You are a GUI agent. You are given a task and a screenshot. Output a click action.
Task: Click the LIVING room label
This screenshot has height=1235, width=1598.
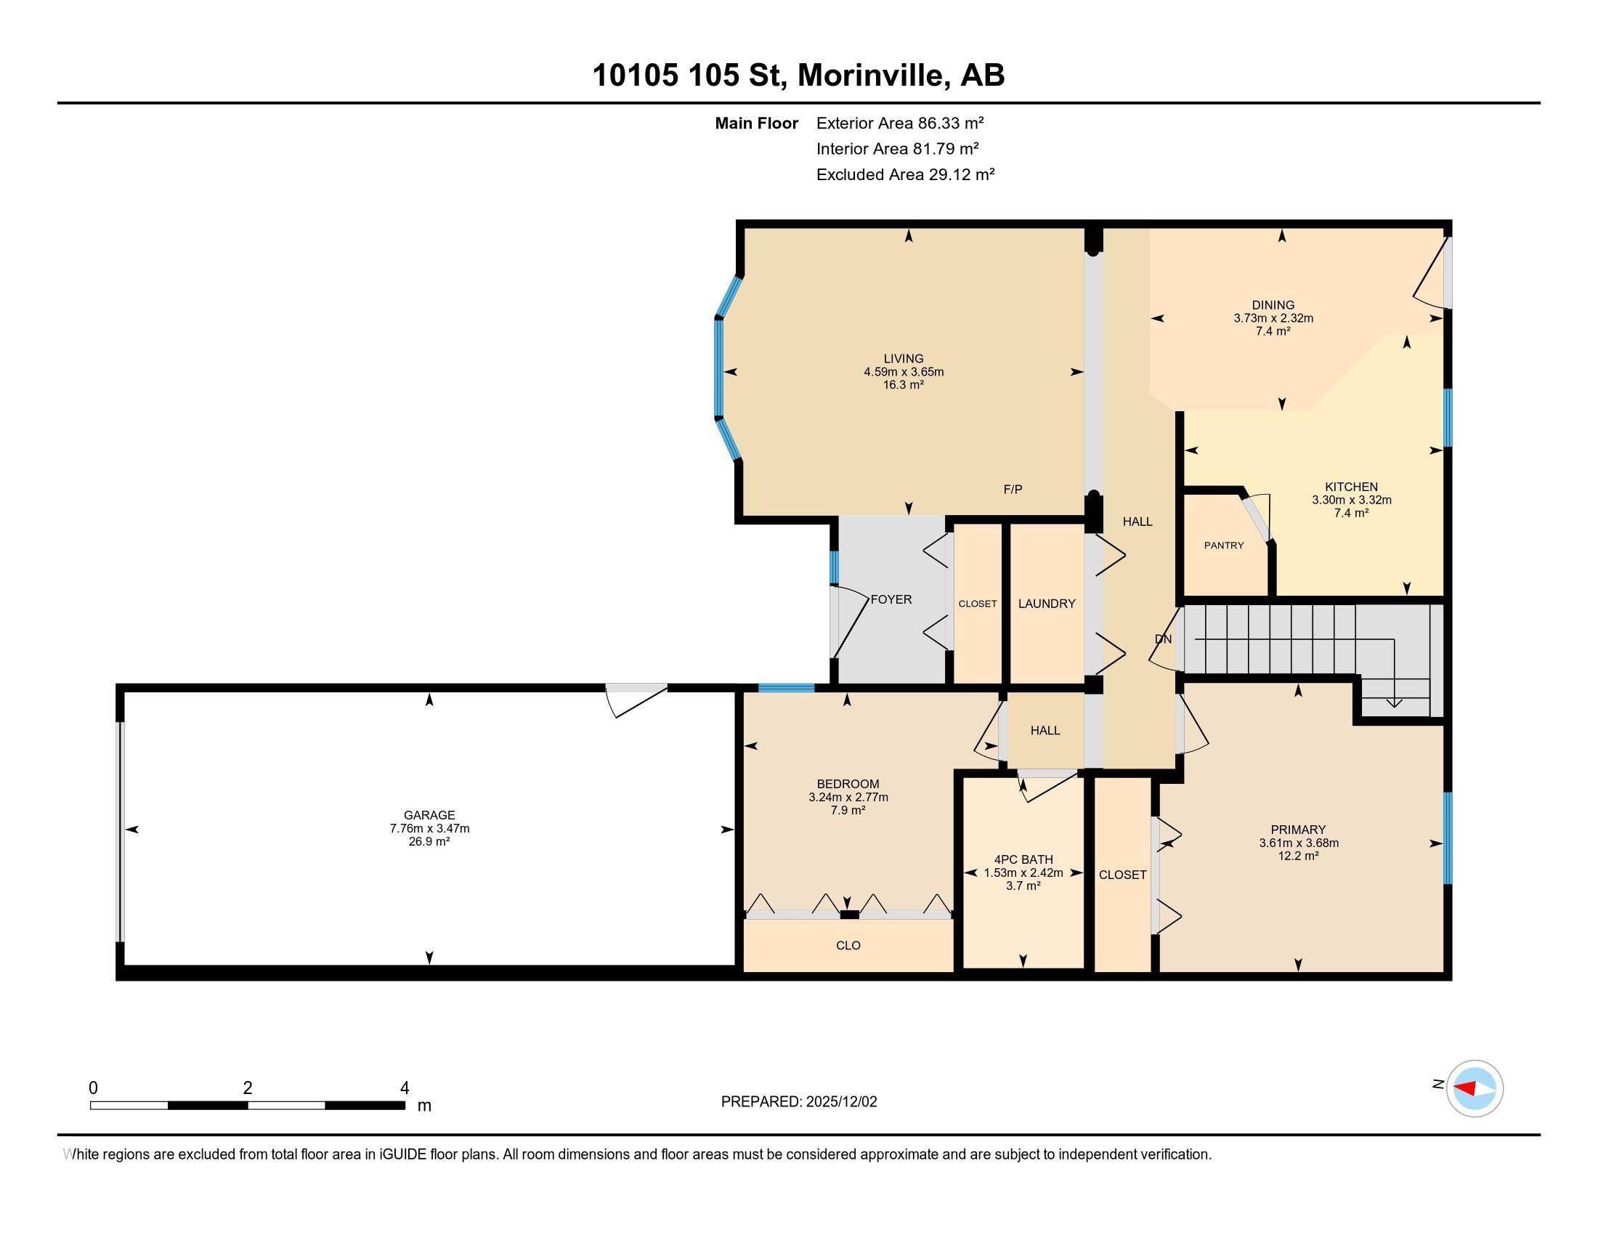[x=903, y=358]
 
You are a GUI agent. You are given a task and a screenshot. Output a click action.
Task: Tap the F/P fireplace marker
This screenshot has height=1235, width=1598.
[x=1013, y=490]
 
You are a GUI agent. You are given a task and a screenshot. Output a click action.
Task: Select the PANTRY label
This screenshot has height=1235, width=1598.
[x=1223, y=545]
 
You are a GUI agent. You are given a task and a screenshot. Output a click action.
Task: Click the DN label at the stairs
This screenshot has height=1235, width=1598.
[x=1163, y=639]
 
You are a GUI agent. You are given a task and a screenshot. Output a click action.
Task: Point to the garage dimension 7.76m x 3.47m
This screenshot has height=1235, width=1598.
[x=429, y=828]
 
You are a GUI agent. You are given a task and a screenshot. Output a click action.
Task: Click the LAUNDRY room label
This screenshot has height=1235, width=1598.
[x=1046, y=604]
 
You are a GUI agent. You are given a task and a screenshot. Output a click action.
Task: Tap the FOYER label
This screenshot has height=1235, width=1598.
[x=891, y=599]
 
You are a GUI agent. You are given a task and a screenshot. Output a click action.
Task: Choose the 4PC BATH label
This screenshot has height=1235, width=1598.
[x=1023, y=859]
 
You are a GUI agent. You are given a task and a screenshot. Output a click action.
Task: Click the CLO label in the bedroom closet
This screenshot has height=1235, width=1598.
[x=848, y=945]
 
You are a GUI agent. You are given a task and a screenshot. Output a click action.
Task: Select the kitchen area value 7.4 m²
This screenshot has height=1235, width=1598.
[x=1351, y=513]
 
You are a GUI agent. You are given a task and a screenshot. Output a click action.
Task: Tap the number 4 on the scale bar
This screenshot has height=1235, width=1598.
[x=404, y=1088]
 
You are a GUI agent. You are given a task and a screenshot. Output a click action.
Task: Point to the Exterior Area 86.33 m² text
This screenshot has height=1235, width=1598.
[x=899, y=123]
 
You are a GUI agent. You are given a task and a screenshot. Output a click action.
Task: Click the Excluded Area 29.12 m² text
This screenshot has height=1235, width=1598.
[x=904, y=174]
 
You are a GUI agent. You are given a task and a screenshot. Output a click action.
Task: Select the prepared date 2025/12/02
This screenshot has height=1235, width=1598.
[x=840, y=1102]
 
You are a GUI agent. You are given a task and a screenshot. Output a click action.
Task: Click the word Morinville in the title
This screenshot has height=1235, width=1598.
[x=870, y=76]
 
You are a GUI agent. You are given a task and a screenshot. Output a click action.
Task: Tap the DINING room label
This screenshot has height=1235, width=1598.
[x=1273, y=305]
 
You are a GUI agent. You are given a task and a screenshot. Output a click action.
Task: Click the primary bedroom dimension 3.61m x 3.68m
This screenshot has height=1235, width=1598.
[x=1298, y=843]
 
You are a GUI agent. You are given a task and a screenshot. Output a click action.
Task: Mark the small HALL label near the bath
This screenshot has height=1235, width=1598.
[x=1045, y=730]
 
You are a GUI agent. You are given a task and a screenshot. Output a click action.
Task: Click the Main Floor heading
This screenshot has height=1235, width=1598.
[x=756, y=123]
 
